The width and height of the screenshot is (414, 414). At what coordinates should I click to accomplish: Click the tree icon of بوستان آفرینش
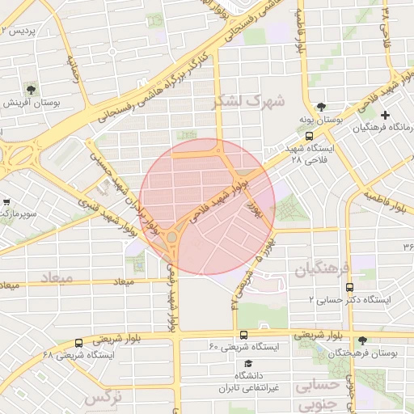pos(31,89)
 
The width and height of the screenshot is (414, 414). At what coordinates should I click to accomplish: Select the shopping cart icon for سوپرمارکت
pos(6,202)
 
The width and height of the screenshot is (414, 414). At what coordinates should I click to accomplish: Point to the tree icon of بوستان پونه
pos(321,107)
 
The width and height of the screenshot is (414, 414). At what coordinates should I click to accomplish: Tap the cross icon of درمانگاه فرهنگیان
pos(385,115)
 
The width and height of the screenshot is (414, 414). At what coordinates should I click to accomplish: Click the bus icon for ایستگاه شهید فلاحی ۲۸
pos(310,137)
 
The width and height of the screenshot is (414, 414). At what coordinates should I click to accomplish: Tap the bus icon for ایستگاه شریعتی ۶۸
pos(78,343)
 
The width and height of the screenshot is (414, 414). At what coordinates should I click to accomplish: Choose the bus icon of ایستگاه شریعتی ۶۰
pos(243,334)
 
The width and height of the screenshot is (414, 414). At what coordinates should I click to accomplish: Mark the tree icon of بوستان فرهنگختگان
pos(361,340)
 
